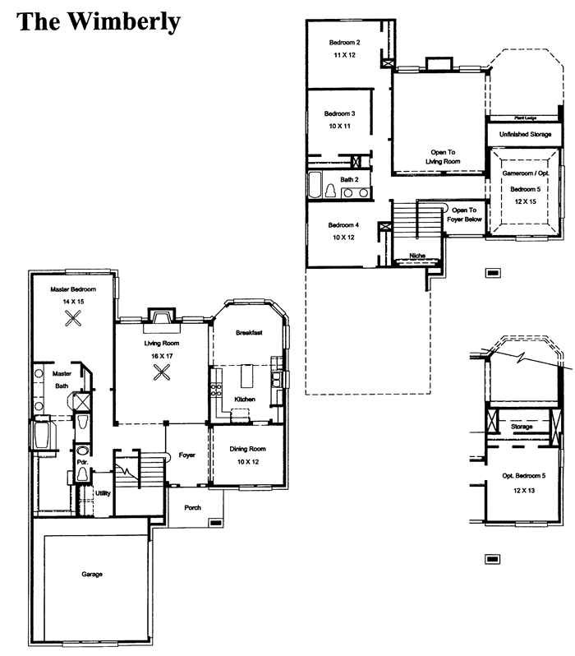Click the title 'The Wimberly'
pos(99,21)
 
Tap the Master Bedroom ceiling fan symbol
pos(73,319)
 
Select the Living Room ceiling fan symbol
pos(162,372)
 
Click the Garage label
pos(92,574)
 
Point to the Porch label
pos(193,507)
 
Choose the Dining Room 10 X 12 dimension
pos(248,462)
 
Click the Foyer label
pos(187,455)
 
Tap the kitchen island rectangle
pos(246,377)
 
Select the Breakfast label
pos(249,333)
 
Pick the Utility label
pos(103,493)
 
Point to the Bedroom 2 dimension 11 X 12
pos(344,55)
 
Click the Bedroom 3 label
pos(339,113)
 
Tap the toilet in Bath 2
pos(331,191)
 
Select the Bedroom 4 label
pos(343,225)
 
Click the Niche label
pos(417,256)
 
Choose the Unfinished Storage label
pos(525,134)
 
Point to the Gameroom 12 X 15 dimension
pos(525,201)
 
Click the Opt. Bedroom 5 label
pos(524,476)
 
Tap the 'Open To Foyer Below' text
pos(464,215)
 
